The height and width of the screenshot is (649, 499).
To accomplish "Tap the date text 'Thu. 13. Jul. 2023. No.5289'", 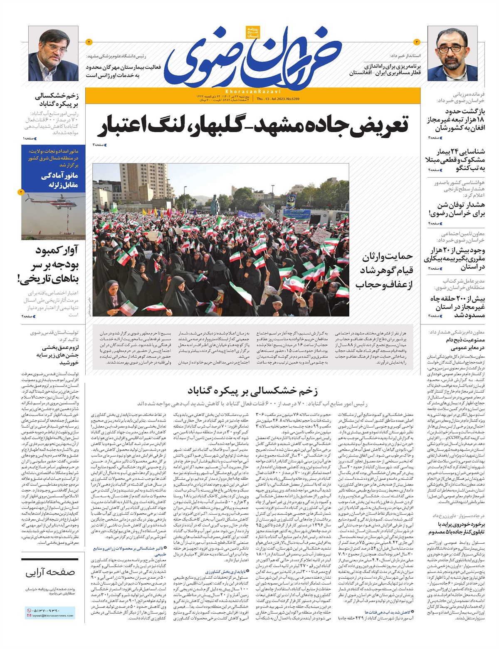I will tap(281, 99).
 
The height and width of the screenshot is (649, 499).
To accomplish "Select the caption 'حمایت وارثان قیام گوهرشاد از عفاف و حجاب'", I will tap(384, 271).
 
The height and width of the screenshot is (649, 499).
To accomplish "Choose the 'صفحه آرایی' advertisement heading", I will tap(49, 572).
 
